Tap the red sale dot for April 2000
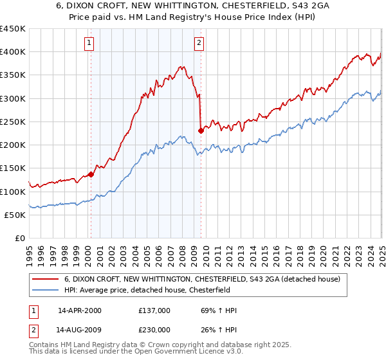[x=91, y=174]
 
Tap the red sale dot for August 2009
[x=201, y=130]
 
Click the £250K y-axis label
[x=13, y=122]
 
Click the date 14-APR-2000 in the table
[x=79, y=310]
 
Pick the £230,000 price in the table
[x=154, y=329]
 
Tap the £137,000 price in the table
[x=154, y=310]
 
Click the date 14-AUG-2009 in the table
[x=79, y=329]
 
